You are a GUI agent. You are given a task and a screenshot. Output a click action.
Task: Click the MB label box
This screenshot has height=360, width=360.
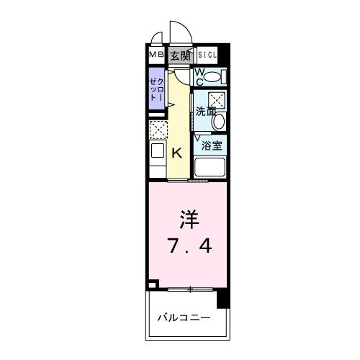(x=156, y=55)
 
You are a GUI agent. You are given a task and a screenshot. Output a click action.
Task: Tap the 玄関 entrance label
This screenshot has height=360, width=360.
(x=180, y=55)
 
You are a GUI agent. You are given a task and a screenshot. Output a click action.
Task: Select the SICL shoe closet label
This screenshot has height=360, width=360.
(x=207, y=55)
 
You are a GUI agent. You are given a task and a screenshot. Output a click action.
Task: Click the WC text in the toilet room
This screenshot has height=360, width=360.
(x=201, y=76)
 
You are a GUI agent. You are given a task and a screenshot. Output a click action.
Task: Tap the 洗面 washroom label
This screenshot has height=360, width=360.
(x=205, y=112)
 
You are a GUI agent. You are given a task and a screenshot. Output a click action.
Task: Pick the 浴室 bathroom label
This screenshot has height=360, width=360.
(x=211, y=145)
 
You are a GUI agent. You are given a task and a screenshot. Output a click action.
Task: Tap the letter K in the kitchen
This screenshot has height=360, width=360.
(x=177, y=152)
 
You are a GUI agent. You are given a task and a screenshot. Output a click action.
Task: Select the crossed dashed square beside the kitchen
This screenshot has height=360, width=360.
(x=158, y=130)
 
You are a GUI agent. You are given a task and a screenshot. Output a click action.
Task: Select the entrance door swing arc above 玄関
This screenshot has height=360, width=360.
(x=177, y=32)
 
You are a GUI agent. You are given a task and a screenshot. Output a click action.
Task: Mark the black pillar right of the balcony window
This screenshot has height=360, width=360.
(x=222, y=297)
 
